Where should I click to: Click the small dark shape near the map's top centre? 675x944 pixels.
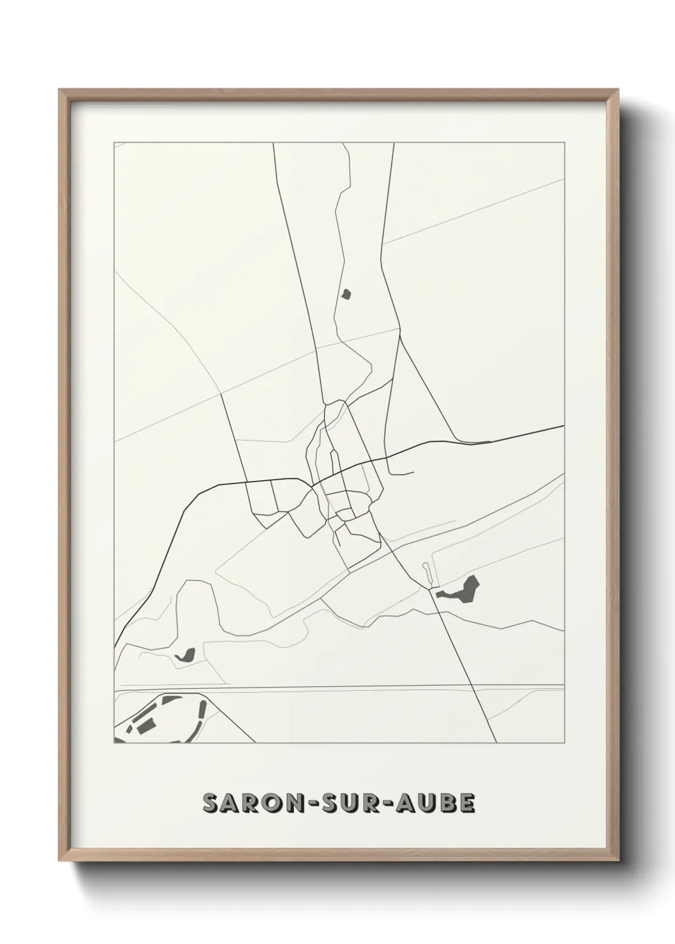click(346, 293)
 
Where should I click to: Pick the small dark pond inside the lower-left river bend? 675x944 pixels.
click(185, 654)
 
